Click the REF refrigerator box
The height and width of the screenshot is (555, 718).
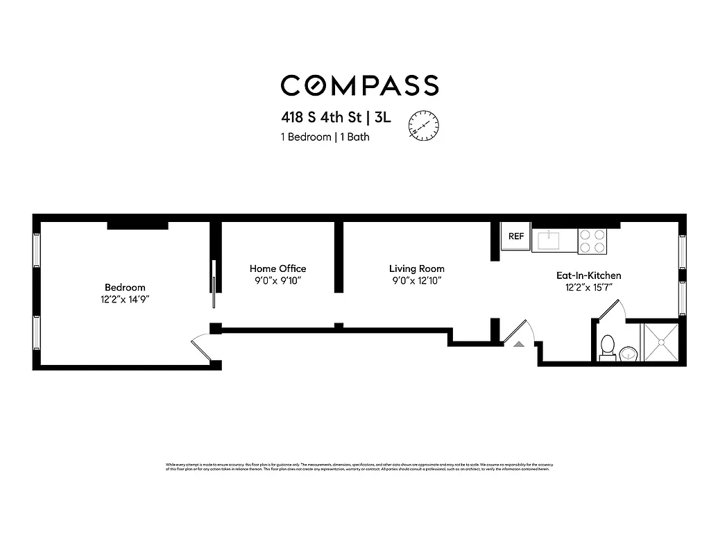pyautogui.click(x=516, y=237)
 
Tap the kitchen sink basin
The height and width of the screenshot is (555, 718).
pyautogui.click(x=554, y=241)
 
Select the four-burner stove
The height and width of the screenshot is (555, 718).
pyautogui.click(x=592, y=241)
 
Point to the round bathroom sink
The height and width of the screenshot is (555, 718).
pyautogui.click(x=629, y=355)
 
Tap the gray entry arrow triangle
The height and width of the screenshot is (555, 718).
pyautogui.click(x=518, y=343)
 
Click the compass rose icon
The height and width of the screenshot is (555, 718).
pyautogui.click(x=423, y=125)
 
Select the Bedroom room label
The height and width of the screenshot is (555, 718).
pyautogui.click(x=125, y=287)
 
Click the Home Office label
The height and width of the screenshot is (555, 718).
pyautogui.click(x=277, y=268)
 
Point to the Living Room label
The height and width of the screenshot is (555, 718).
pyautogui.click(x=416, y=268)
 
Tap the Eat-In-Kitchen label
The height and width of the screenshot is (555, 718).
pyautogui.click(x=588, y=275)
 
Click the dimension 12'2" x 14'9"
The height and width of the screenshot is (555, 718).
pyautogui.click(x=125, y=300)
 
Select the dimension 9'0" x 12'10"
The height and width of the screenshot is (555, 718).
pyautogui.click(x=416, y=281)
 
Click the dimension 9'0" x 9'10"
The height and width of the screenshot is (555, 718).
pyautogui.click(x=277, y=281)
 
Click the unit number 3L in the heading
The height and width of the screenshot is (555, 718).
pyautogui.click(x=382, y=117)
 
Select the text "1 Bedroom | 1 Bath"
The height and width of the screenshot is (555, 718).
pyautogui.click(x=325, y=137)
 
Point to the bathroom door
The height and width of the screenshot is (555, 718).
pyautogui.click(x=610, y=311)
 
